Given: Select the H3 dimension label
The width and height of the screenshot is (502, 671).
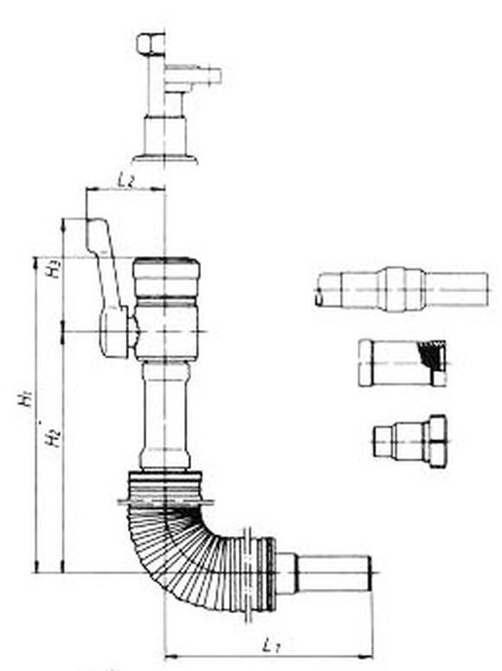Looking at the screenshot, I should click(55, 268).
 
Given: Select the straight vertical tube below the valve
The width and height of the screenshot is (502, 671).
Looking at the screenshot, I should click(165, 415).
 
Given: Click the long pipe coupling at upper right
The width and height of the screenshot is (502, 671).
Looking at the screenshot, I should click(402, 288).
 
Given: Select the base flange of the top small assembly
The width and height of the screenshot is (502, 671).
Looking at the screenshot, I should click(164, 158).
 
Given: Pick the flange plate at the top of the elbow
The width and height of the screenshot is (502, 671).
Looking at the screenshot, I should click(165, 500).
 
